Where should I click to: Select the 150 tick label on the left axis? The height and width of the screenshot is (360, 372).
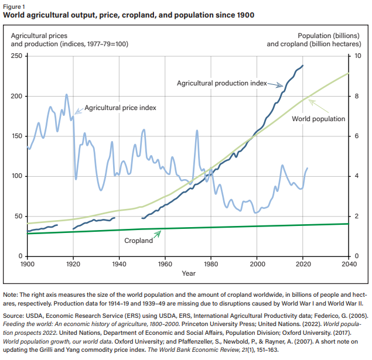[x=16, y=136]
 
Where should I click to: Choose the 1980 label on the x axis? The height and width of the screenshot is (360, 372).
[x=211, y=264]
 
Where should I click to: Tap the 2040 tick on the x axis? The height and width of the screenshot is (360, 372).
[x=349, y=264]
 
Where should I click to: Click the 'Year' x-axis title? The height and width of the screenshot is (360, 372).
[x=188, y=273]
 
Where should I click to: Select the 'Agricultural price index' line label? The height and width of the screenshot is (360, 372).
[x=121, y=108]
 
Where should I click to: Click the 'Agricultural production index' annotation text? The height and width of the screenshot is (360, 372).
[x=222, y=83]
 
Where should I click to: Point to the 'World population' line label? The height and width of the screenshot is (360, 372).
[x=319, y=119]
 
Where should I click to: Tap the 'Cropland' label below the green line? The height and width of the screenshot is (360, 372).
[x=138, y=240]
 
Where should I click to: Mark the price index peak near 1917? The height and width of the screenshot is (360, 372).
[x=66, y=94]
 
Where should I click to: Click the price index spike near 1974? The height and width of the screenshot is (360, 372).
[x=197, y=130]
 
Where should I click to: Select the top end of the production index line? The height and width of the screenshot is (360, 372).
[x=303, y=66]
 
